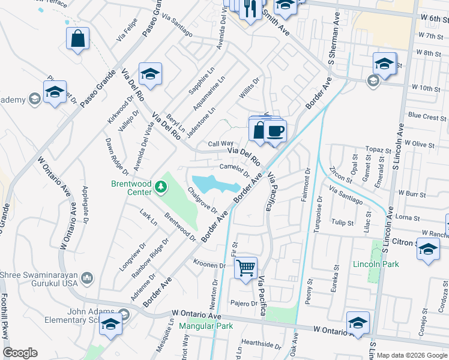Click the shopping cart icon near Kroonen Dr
pyautogui.click(x=246, y=268)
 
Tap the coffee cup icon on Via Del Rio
pyautogui.click(x=275, y=130)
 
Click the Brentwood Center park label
pyautogui.click(x=130, y=188)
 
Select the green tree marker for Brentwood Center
pyautogui.click(x=160, y=187)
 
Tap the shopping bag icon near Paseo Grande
pyautogui.click(x=78, y=39)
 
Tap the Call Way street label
pyautogui.click(x=220, y=144)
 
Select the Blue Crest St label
pyautogui.click(x=424, y=116)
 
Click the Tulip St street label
pyautogui.click(x=343, y=223)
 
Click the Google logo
pyautogui.click(x=20, y=353)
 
